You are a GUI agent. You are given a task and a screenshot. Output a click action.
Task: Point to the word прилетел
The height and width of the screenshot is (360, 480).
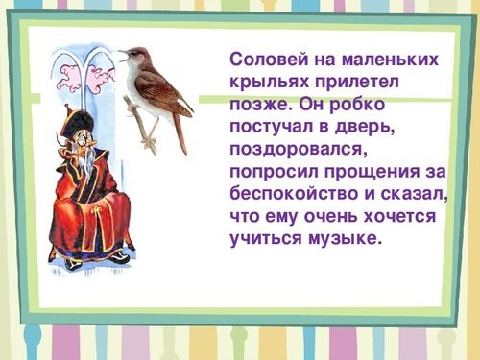pos(353,82)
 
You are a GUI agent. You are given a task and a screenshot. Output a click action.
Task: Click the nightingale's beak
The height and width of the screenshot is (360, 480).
pos(123,53)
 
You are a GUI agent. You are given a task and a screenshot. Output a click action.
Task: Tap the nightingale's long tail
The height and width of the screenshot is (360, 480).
pos(180,134)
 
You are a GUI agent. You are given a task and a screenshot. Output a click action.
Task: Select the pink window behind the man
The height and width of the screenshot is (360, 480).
pos(85,82)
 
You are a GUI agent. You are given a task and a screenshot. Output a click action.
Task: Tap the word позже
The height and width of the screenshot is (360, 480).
pos(257,104)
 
